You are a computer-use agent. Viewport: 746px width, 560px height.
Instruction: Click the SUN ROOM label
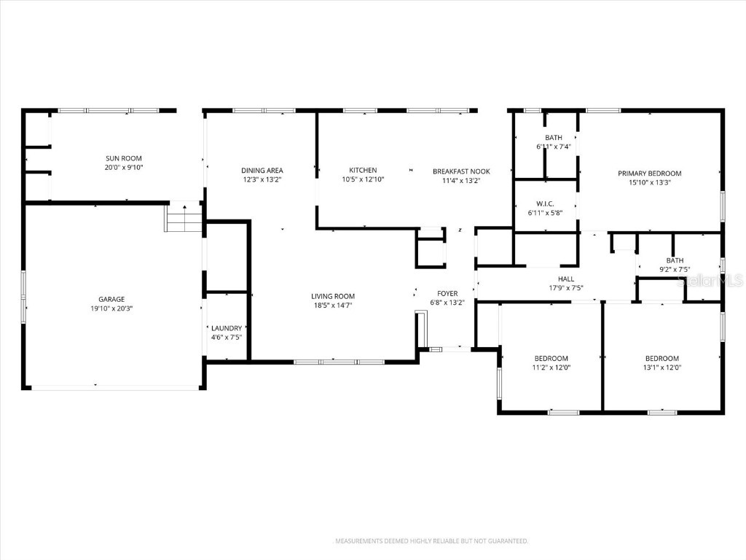(x=123, y=158)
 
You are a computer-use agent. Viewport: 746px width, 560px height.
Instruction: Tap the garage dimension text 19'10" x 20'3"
(x=111, y=308)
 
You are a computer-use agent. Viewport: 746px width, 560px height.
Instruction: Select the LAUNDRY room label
(x=226, y=328)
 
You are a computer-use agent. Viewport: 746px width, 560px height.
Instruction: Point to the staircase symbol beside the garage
(x=184, y=218)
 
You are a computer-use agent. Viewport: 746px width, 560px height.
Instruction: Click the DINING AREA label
(x=262, y=171)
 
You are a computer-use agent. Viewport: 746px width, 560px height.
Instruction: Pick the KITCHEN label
(x=362, y=170)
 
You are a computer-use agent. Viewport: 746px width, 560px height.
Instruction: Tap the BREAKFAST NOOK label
(x=461, y=171)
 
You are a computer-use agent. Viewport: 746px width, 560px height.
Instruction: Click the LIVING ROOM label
(x=333, y=296)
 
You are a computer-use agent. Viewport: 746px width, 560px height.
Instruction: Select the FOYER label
(x=447, y=293)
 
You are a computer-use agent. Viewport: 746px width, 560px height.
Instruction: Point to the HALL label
(x=565, y=279)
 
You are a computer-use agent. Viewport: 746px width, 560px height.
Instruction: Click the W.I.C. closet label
(x=546, y=203)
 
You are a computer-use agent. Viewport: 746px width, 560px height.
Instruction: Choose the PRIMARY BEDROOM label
(x=649, y=174)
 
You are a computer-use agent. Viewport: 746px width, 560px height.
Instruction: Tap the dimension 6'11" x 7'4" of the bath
(x=554, y=147)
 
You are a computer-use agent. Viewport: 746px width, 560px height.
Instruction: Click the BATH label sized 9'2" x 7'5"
(x=675, y=260)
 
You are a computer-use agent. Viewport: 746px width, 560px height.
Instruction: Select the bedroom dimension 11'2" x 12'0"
(x=551, y=367)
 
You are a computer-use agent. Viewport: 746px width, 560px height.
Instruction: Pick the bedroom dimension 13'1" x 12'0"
(x=661, y=367)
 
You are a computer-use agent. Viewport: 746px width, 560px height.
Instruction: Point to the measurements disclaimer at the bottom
(x=431, y=541)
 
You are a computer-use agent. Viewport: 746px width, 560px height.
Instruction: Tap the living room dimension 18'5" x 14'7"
(x=333, y=306)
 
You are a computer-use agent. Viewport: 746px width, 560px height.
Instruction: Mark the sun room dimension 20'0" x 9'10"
(x=123, y=167)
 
